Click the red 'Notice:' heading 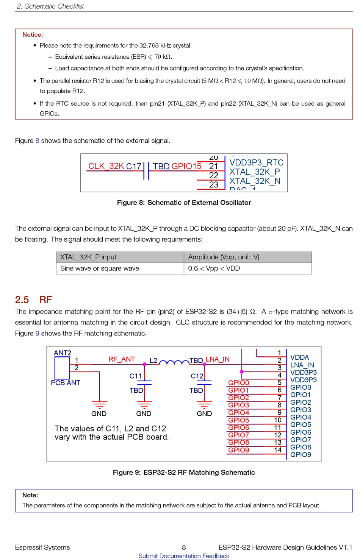(x=33, y=35)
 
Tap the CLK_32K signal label (x=106, y=166)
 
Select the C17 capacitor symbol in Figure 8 (x=146, y=171)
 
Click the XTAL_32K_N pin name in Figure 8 (x=255, y=181)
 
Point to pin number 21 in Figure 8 (x=214, y=166)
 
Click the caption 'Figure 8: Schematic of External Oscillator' (x=184, y=203)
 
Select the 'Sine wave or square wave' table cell (x=100, y=268)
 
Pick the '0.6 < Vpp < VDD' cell (x=214, y=268)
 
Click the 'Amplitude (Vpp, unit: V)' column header (x=224, y=257)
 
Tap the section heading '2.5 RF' (x=33, y=300)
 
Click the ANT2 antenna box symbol (x=62, y=368)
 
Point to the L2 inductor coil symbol (x=174, y=363)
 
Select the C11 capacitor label (x=135, y=376)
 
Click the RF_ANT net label (x=122, y=359)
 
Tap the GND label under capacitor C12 (x=204, y=414)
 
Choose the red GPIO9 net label (x=239, y=450)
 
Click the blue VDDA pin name (x=299, y=357)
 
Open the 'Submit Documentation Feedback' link (x=184, y=556)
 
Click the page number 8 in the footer (x=184, y=547)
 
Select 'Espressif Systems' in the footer (x=42, y=547)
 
